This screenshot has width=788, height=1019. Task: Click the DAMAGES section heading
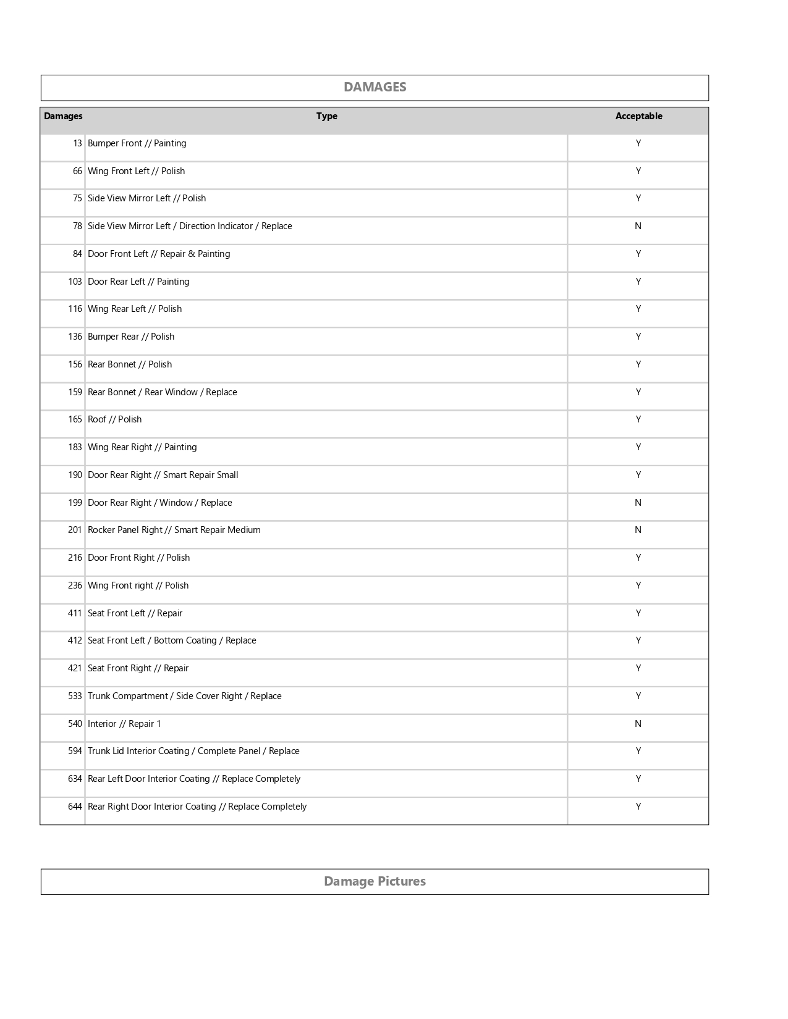(375, 87)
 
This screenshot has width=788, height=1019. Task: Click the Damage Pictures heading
(375, 881)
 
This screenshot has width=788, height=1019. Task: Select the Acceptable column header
(638, 116)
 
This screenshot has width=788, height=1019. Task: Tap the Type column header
(326, 116)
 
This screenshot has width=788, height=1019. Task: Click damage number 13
(77, 143)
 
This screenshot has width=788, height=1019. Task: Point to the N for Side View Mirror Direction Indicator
(638, 226)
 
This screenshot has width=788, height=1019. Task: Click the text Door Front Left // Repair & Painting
(159, 254)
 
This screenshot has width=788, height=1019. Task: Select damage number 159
(75, 392)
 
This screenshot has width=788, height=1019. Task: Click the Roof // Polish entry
(114, 419)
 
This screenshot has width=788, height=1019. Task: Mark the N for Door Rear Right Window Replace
(638, 503)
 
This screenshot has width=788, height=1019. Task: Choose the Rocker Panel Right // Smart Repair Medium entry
(174, 530)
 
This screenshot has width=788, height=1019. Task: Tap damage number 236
(75, 585)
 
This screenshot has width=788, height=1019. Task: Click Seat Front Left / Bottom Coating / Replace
(172, 640)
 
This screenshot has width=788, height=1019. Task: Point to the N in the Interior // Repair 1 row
(638, 724)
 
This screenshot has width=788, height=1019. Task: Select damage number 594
(75, 751)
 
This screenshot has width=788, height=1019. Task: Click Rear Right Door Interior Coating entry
(197, 807)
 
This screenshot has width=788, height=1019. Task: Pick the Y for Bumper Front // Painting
(638, 143)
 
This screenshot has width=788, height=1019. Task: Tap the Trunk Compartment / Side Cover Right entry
(184, 696)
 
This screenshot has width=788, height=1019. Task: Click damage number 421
(75, 668)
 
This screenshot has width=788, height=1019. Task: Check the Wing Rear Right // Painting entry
(142, 447)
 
